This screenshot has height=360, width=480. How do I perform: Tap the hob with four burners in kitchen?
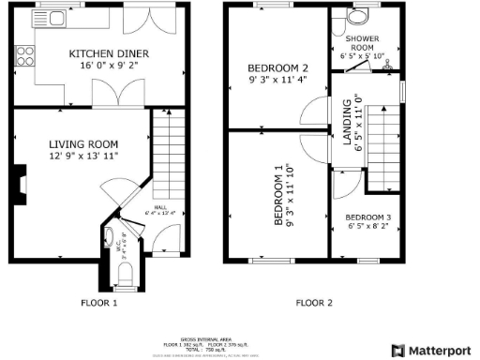coord(25,56)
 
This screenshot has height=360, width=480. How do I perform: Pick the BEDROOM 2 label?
coord(277,68)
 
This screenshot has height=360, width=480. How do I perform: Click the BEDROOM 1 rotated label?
coord(277,196)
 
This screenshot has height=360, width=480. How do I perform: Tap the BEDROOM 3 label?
coord(368,217)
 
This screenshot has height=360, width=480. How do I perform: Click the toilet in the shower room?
coord(356,17)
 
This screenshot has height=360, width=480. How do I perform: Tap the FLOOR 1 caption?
coord(100,303)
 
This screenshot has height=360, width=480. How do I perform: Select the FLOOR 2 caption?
coord(314,303)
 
